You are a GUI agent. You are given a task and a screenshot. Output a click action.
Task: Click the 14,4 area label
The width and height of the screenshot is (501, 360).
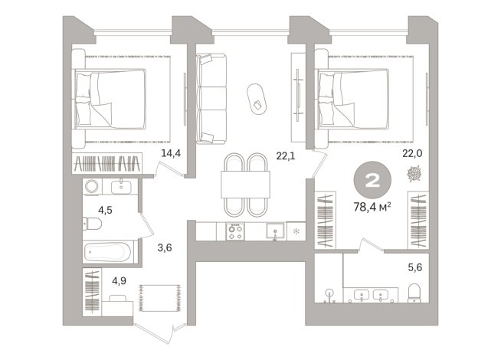point(170,153)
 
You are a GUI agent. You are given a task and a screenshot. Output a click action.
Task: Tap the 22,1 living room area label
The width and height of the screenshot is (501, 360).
point(286,155)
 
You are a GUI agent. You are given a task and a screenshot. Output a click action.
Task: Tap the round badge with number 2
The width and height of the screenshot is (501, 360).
point(375,180)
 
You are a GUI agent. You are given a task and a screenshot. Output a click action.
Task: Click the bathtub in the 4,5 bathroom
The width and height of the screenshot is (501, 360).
point(109,251)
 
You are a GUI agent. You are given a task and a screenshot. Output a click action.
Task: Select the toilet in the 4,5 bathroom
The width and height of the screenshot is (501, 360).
point(91,224)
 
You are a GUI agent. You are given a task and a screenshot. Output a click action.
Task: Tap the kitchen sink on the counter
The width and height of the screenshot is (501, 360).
point(274,230)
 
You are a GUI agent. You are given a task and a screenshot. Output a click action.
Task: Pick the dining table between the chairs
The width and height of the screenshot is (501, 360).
point(244,185)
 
